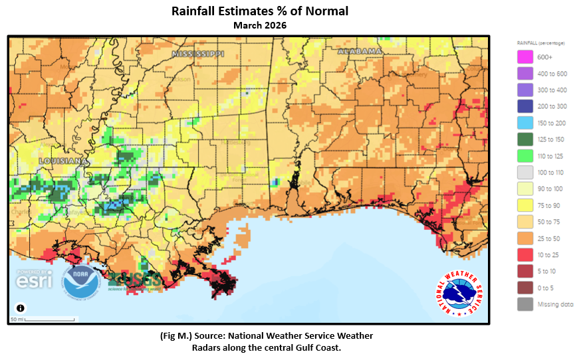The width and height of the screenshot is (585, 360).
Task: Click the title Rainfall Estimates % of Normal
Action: pyautogui.click(x=259, y=11)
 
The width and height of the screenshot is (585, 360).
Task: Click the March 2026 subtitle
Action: pyautogui.click(x=259, y=25)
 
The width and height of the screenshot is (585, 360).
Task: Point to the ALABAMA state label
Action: pyautogui.click(x=360, y=51)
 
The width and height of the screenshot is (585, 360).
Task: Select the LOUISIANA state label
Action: pyautogui.click(x=63, y=161)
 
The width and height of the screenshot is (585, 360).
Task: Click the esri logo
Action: pyautogui.click(x=34, y=280)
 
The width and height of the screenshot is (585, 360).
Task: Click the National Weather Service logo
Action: pyautogui.click(x=459, y=293)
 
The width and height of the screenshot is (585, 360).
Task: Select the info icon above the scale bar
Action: pyautogui.click(x=21, y=308)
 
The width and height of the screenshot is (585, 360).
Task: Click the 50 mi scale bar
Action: pyautogui.click(x=44, y=319)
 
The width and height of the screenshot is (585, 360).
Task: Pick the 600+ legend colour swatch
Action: pyautogui.click(x=525, y=58)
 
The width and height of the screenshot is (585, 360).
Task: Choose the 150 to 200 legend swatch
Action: pyautogui.click(x=525, y=123)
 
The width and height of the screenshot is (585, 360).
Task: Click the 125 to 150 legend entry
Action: pyautogui.click(x=525, y=139)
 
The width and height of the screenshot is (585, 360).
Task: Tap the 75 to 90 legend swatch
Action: pyautogui.click(x=525, y=205)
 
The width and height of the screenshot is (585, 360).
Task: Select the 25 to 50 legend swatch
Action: pyautogui.click(x=525, y=238)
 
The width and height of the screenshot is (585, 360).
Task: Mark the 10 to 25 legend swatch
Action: pyautogui.click(x=525, y=254)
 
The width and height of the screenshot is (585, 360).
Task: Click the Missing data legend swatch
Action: pyautogui.click(x=525, y=304)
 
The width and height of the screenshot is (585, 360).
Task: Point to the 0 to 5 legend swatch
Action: pyautogui.click(x=525, y=288)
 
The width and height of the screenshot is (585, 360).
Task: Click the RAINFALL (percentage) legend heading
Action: pyautogui.click(x=541, y=43)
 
